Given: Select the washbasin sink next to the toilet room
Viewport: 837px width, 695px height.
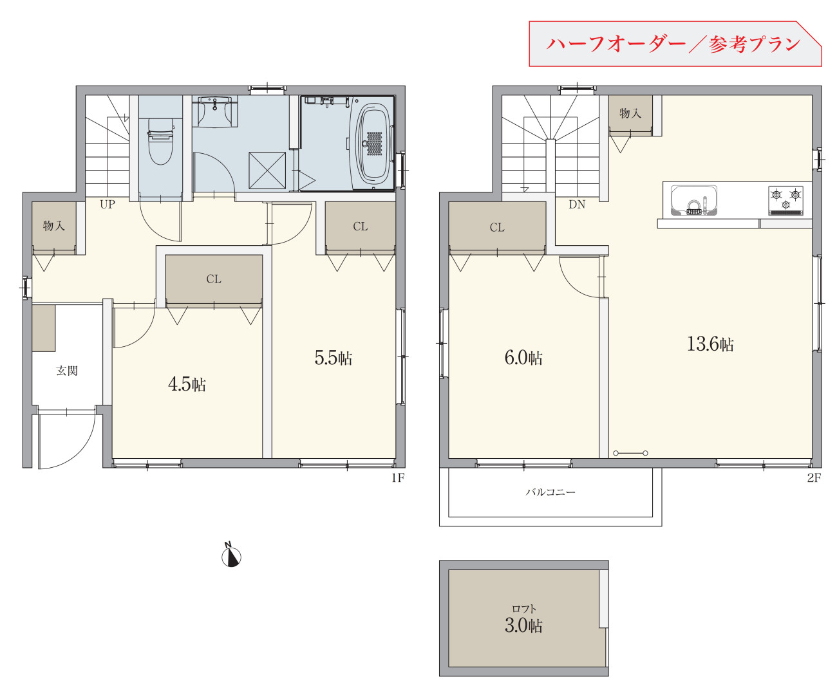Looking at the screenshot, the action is (215, 112).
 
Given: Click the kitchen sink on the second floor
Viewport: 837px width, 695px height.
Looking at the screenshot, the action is (694, 200).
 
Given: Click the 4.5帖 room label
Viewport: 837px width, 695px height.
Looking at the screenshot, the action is (187, 385).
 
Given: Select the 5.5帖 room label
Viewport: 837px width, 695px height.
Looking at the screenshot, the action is (333, 358).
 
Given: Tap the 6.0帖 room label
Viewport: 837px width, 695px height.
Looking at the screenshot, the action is (523, 358).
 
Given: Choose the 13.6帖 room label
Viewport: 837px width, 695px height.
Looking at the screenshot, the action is (710, 344).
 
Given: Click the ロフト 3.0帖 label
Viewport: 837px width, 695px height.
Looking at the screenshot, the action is (523, 619).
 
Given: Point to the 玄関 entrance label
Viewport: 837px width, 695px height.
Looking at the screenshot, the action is (67, 371).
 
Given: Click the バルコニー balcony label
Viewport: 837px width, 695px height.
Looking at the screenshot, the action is (550, 492).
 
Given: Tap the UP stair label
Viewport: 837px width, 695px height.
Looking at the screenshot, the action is (108, 204).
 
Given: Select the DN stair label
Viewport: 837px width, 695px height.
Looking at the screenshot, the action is (577, 204).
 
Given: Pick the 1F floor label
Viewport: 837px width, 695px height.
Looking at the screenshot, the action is (398, 478).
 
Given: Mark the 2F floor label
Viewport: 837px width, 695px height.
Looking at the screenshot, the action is (814, 478).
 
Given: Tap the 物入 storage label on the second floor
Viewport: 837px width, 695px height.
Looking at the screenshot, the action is (630, 113).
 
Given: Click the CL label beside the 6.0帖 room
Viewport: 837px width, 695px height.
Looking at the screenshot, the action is (497, 228).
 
